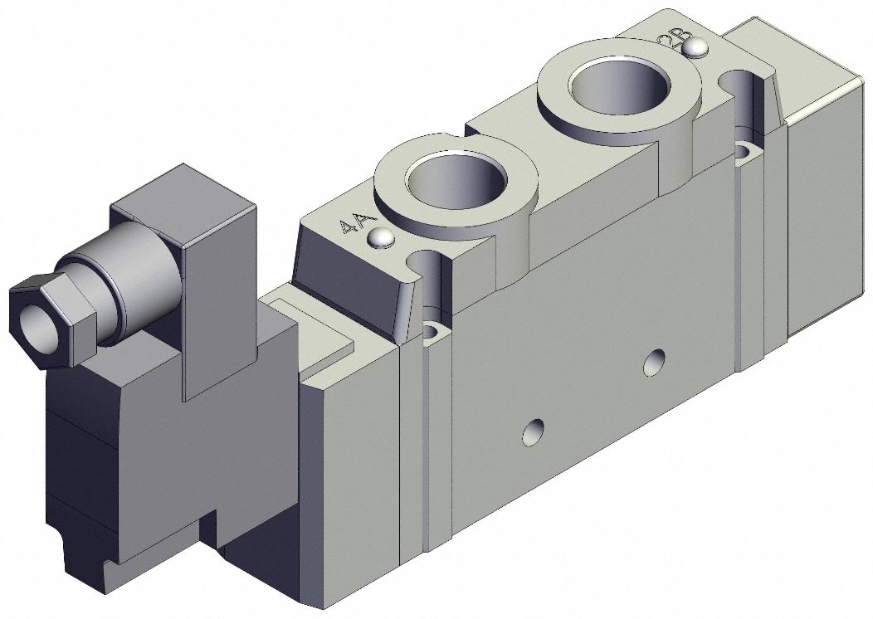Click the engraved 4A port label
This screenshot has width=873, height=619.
[x=350, y=225]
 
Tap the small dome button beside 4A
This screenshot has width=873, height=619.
[x=381, y=238]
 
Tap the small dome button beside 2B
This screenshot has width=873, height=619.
[x=695, y=49]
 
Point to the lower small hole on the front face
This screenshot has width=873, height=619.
[x=531, y=431]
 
